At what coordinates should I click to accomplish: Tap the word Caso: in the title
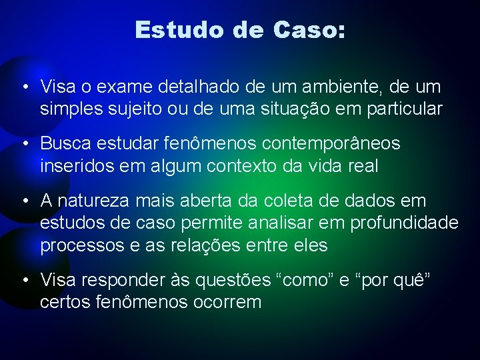309,30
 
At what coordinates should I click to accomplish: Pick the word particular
405,109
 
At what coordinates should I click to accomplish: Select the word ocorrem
229,302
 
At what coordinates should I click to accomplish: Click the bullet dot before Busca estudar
25,143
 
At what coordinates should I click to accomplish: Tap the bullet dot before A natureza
25,200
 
